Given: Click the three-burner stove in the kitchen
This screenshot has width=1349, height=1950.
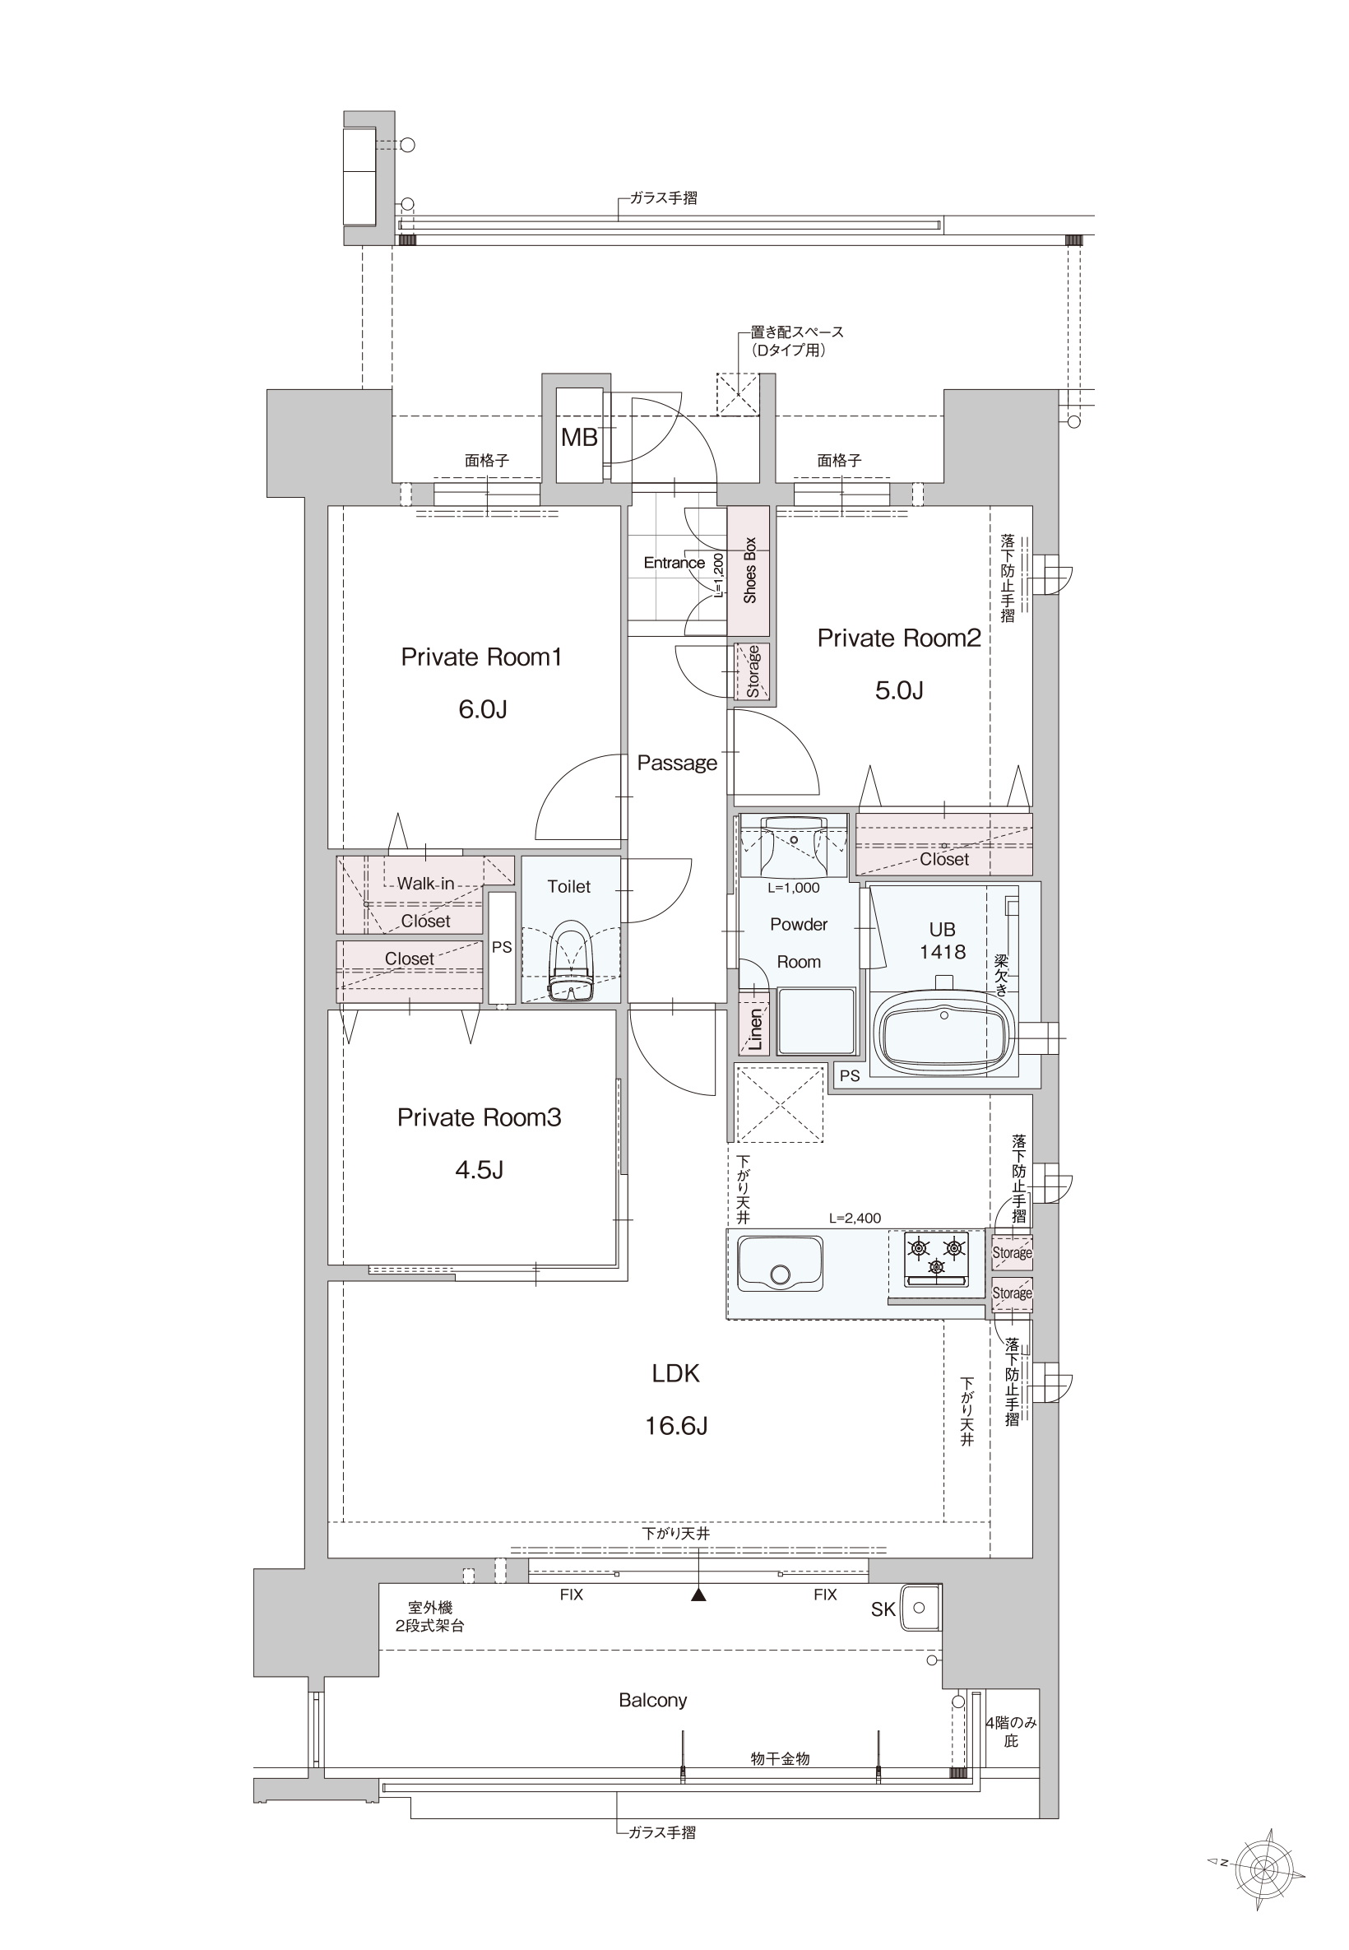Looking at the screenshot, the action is click(x=937, y=1258).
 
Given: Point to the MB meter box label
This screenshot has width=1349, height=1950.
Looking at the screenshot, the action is click(x=579, y=437).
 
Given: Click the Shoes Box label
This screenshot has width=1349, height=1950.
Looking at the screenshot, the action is click(x=749, y=569).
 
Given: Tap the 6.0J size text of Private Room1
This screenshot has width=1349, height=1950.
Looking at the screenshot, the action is click(x=483, y=709).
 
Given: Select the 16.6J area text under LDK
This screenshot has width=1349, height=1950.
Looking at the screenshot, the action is click(x=676, y=1426).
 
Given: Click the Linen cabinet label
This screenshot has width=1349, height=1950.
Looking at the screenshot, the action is click(x=756, y=1030).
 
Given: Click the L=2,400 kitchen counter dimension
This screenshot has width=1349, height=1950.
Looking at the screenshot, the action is click(x=855, y=1218).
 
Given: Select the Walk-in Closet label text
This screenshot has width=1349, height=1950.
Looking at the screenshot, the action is click(x=425, y=902).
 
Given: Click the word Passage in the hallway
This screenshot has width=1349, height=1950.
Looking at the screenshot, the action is click(x=677, y=763).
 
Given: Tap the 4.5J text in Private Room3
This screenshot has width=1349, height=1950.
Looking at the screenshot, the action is click(x=480, y=1169).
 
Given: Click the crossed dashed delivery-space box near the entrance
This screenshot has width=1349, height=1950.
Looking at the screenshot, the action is click(x=738, y=394).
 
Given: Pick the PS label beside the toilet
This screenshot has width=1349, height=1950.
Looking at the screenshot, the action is click(x=502, y=947).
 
